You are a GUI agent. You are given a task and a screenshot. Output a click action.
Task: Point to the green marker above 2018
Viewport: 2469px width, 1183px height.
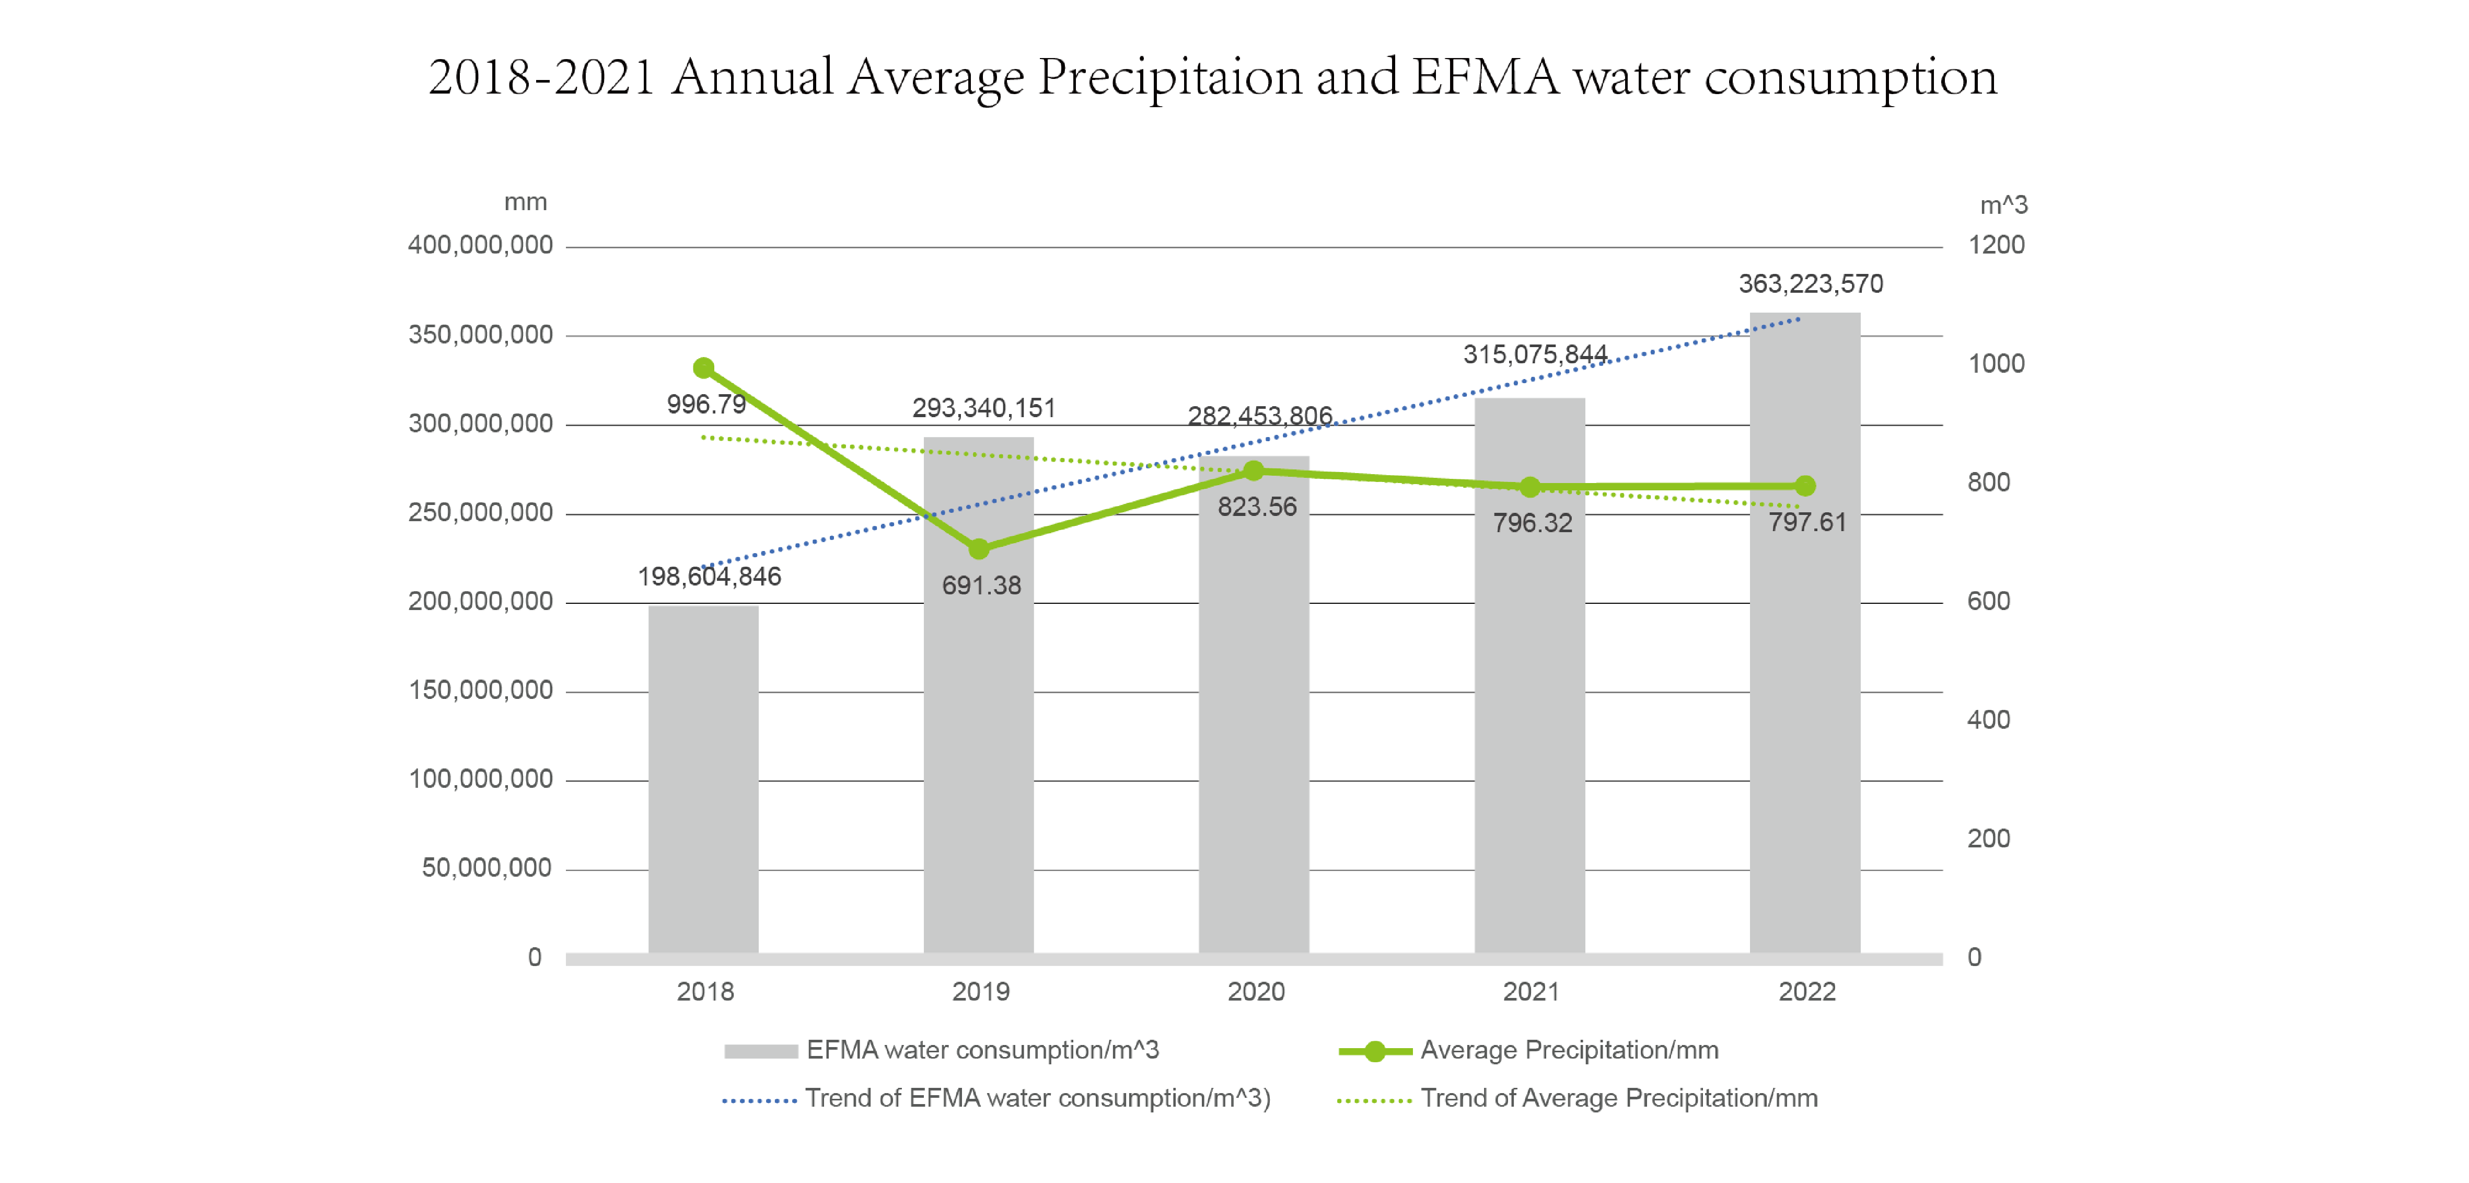click(x=703, y=368)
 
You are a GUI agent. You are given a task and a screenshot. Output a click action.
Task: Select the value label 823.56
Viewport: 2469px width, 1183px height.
click(x=1257, y=506)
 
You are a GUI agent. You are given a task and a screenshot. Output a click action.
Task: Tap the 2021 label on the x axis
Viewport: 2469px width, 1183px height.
click(x=1531, y=991)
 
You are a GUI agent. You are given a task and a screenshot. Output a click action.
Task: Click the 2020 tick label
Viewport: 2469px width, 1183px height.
click(x=1256, y=991)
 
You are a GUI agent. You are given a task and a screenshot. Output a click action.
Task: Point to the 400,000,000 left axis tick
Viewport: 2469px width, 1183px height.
click(x=480, y=245)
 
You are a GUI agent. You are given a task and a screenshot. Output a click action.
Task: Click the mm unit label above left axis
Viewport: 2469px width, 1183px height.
click(x=525, y=202)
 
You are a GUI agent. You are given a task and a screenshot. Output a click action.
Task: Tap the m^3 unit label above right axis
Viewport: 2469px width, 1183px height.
click(x=2003, y=205)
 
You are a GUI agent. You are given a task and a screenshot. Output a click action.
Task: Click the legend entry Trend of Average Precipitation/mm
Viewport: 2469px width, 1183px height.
click(x=1618, y=1098)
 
